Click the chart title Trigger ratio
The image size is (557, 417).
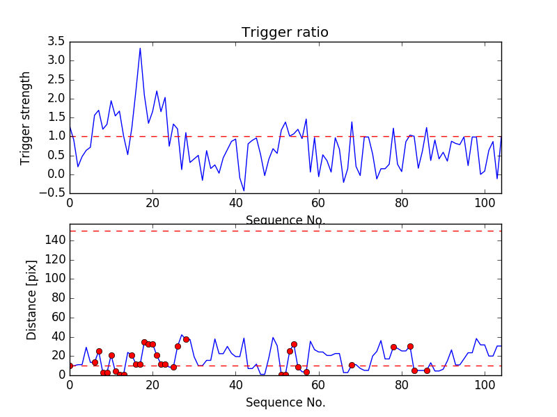click(285, 33)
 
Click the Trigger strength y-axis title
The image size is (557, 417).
click(26, 117)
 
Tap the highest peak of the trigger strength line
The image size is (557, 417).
click(140, 48)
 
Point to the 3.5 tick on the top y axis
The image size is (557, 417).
click(55, 42)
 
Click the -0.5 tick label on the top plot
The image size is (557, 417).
click(52, 193)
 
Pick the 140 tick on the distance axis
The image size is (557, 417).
click(55, 240)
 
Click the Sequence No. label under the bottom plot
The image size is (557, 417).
click(285, 402)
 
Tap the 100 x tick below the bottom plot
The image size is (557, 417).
click(485, 386)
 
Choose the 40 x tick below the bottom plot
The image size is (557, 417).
click(235, 386)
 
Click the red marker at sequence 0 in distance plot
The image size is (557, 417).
click(70, 366)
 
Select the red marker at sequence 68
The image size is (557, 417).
click(352, 365)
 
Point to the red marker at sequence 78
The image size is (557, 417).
click(393, 347)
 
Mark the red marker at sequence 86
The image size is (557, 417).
click(427, 370)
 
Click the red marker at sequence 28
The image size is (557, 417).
click(186, 339)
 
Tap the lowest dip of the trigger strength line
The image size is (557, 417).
click(244, 190)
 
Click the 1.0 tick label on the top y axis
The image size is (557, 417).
click(55, 137)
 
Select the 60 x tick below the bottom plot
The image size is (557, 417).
click(319, 386)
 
